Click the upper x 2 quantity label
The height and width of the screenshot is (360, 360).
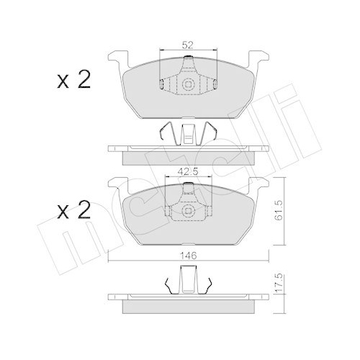pyautogui.click(x=74, y=79)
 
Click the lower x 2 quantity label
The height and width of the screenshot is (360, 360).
pyautogui.click(x=74, y=211)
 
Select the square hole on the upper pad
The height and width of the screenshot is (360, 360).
pyautogui.click(x=188, y=84)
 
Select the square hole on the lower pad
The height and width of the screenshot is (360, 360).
pyautogui.click(x=188, y=210)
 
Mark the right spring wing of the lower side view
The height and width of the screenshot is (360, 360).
pyautogui.click(x=210, y=284)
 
